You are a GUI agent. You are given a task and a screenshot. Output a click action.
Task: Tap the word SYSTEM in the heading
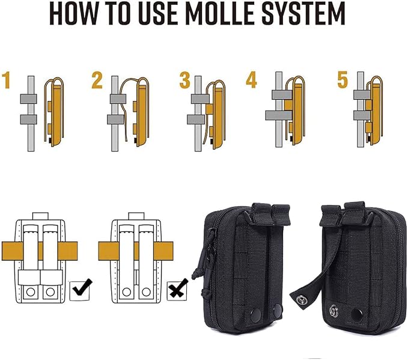point(303,14)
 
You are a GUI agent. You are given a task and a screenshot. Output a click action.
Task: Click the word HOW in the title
point(74,14)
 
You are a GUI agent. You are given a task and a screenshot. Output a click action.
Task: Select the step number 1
point(6,81)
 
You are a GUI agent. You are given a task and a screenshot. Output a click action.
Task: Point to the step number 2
point(97,81)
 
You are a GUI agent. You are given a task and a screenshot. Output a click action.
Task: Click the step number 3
point(184,81)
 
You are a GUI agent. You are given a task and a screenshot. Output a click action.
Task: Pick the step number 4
point(251,80)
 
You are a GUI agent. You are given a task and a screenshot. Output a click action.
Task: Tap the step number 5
point(343,80)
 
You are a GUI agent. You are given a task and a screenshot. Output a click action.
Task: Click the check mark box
point(80,290)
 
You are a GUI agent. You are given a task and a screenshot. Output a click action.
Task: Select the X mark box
point(177,290)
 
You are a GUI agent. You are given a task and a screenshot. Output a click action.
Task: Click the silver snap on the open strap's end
point(302,299)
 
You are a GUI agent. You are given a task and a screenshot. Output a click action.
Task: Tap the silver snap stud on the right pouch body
point(333,311)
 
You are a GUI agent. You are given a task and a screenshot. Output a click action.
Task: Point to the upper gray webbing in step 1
point(28,99)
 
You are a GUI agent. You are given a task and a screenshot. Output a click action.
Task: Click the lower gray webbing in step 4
point(279,115)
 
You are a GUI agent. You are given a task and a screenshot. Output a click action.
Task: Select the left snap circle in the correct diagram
point(31,292)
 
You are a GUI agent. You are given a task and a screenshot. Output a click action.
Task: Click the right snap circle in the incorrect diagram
point(146,292)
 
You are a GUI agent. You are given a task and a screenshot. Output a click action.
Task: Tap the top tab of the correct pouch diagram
point(40,216)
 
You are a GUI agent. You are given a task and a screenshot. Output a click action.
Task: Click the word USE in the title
point(158,14)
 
